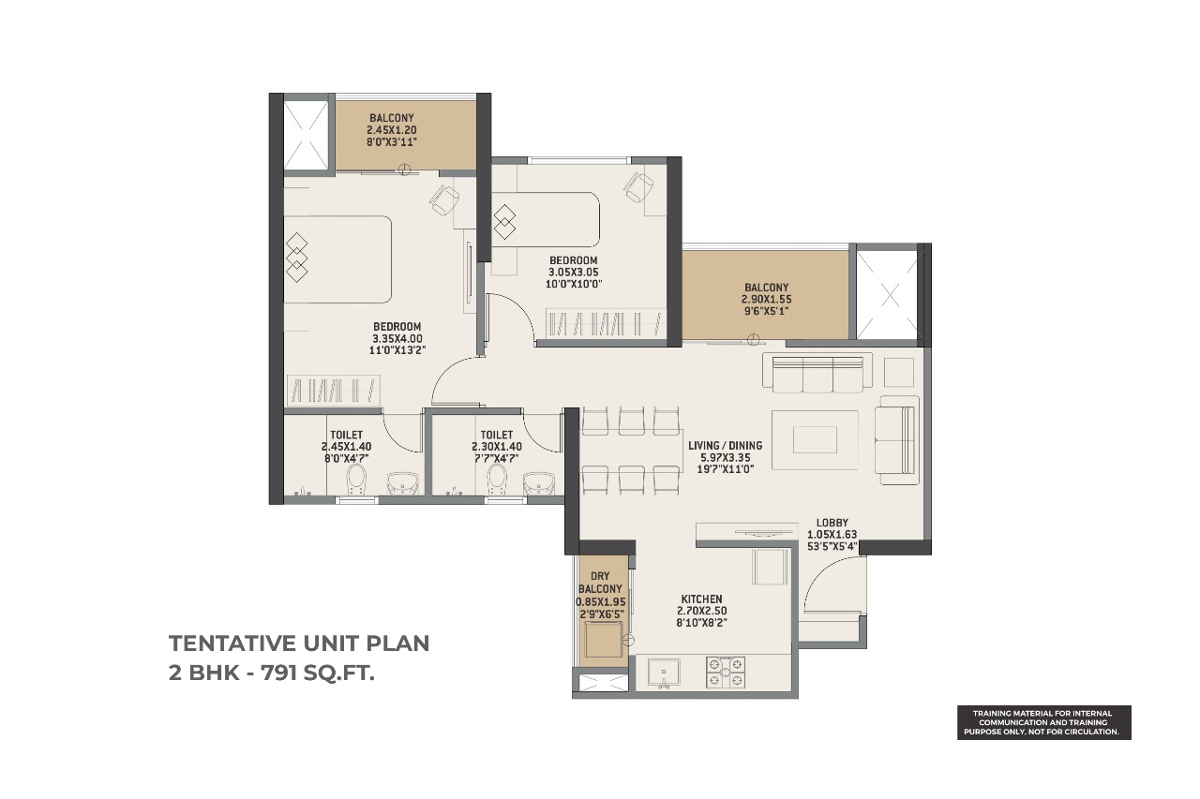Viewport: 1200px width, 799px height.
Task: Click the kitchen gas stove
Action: click(x=726, y=673)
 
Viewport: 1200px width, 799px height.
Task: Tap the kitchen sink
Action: click(x=664, y=673)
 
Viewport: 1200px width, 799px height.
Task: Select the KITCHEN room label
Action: click(x=702, y=599)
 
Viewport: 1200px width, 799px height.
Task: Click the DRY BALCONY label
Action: click(x=600, y=583)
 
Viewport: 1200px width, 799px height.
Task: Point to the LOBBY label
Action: click(x=832, y=523)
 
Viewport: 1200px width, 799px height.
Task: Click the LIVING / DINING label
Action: click(x=725, y=445)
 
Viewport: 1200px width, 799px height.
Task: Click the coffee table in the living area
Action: click(x=815, y=440)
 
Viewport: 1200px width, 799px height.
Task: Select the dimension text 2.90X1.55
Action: click(x=766, y=300)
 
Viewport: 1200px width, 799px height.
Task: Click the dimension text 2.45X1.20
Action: click(x=392, y=130)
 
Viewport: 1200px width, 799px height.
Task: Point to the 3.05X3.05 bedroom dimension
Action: click(x=574, y=273)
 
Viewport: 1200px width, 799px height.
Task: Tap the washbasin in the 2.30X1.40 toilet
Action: click(x=539, y=483)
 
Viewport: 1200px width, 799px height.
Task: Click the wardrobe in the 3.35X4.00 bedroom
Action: click(x=333, y=390)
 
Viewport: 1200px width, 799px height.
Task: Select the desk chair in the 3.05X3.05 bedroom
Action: click(x=638, y=187)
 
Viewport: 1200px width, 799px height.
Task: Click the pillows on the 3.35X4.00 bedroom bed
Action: click(x=297, y=258)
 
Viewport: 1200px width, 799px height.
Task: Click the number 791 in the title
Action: click(x=278, y=673)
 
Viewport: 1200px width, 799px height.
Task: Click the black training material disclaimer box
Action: click(x=1044, y=722)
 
